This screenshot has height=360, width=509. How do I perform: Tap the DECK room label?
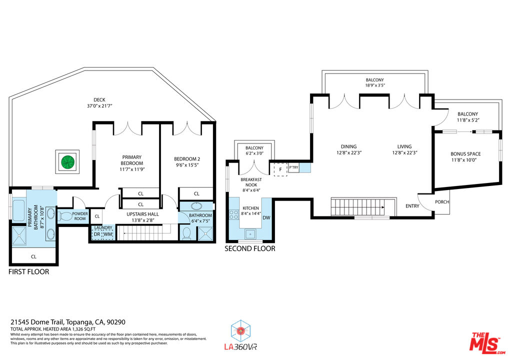point(99,99)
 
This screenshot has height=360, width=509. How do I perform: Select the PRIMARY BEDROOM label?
point(132,160)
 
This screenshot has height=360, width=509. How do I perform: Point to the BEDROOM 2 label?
point(187,158)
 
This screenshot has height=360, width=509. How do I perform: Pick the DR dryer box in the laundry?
point(97,234)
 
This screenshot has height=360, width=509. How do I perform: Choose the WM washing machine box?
point(108,234)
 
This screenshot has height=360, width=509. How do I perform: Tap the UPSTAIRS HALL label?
point(143,214)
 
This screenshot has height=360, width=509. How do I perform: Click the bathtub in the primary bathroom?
point(19,210)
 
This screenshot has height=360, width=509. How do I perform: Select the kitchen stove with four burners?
point(234,214)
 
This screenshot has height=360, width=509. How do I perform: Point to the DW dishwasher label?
point(266,218)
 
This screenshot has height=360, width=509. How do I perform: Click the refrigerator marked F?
point(280,169)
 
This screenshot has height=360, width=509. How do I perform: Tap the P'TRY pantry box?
point(293,167)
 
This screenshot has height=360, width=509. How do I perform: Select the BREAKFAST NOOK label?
point(251,182)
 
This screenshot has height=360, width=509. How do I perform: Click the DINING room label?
point(348,146)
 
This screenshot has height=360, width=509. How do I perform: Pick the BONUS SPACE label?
point(465,154)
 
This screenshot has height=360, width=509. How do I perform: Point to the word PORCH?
point(442,202)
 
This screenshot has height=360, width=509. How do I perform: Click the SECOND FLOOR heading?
point(250,248)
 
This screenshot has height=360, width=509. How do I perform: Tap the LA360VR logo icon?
point(240,331)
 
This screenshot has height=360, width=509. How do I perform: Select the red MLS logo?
point(487,343)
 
